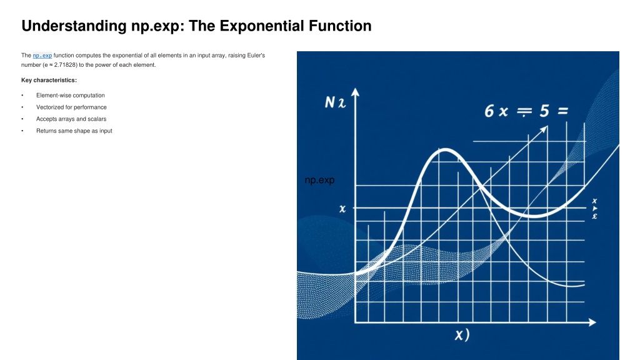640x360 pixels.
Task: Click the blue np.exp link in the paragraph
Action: tap(42, 56)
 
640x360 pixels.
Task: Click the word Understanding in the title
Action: tap(74, 26)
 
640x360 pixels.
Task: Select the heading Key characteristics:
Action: tap(49, 80)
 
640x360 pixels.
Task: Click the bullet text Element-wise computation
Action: tap(70, 95)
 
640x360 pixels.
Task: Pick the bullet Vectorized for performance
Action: tap(71, 107)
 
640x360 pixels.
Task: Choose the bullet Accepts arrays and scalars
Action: tap(71, 119)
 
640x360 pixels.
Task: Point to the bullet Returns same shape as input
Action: tap(74, 131)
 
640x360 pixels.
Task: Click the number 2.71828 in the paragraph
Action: tap(65, 65)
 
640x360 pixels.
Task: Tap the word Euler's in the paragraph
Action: tap(256, 55)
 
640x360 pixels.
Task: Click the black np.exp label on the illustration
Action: tap(319, 180)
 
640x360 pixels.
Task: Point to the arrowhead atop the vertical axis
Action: tap(355, 92)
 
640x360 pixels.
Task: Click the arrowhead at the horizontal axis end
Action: tap(592, 322)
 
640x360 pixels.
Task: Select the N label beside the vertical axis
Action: tap(330, 102)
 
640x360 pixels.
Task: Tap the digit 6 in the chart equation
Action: tap(489, 111)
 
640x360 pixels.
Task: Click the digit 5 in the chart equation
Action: tap(544, 111)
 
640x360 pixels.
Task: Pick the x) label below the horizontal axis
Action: tap(462, 335)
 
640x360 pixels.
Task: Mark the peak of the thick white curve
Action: tap(445, 150)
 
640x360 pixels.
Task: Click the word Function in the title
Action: tap(340, 26)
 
